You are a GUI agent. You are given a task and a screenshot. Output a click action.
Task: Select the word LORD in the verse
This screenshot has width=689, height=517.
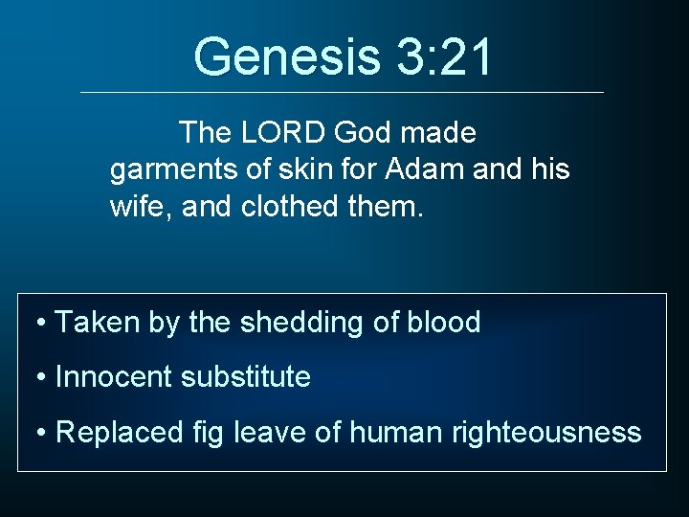point(278,132)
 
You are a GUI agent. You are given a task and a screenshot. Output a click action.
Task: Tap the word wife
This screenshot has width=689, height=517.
point(135,206)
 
